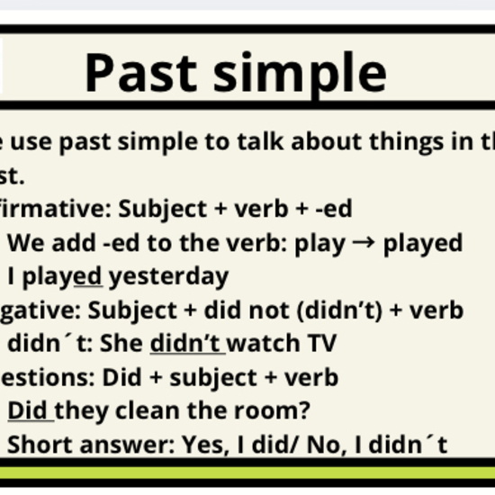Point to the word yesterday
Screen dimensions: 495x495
169,276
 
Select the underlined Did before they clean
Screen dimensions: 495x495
29,410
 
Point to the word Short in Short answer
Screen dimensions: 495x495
36,444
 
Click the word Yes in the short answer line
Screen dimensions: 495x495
201,444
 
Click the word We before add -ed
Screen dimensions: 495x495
24,243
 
